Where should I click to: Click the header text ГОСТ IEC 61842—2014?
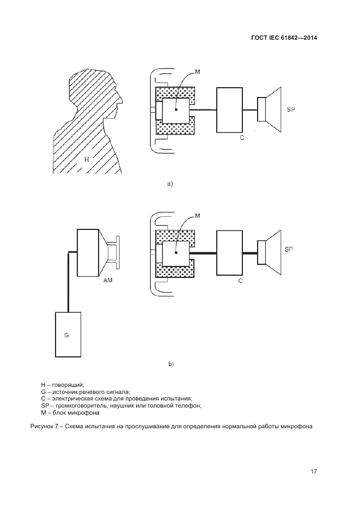(x=284, y=38)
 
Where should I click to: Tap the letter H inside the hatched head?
(x=87, y=159)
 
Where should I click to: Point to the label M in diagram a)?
(x=197, y=71)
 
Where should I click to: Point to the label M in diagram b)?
(x=197, y=216)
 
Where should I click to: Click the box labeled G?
(x=68, y=335)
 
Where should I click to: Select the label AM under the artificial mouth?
(x=108, y=280)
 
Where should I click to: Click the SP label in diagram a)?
(x=291, y=110)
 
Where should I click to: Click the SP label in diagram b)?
(x=289, y=250)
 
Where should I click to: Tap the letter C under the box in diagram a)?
(x=242, y=138)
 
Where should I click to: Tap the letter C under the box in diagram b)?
(x=240, y=281)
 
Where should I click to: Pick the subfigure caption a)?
(x=170, y=184)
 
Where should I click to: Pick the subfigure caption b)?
(x=171, y=365)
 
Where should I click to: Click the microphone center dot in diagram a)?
(x=176, y=110)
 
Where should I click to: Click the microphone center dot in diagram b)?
(x=176, y=253)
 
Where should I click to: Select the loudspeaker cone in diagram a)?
(x=273, y=110)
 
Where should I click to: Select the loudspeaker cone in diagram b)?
(x=273, y=253)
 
